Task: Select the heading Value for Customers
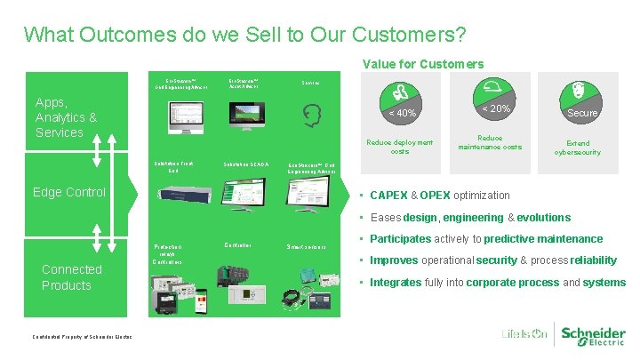pos(423,64)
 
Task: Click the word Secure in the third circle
pos(582,113)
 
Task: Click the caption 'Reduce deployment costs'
pos(400,147)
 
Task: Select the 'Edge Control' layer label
pos(68,192)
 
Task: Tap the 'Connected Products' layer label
pos(71,277)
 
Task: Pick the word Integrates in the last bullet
pos(396,283)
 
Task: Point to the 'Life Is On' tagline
pos(524,335)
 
